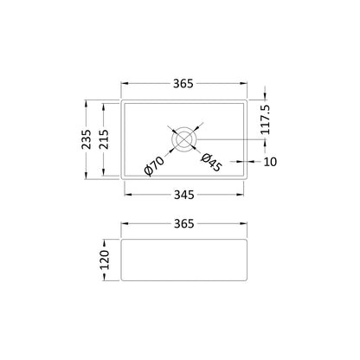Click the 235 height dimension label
(x=87, y=139)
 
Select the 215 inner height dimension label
(x=104, y=139)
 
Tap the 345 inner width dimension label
(x=184, y=196)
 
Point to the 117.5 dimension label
(x=265, y=119)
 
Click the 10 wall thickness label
(x=270, y=162)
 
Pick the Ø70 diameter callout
(x=154, y=165)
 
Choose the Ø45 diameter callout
(x=211, y=163)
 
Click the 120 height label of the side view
(x=105, y=260)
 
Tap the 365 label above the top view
(x=183, y=84)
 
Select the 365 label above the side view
(x=184, y=223)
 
